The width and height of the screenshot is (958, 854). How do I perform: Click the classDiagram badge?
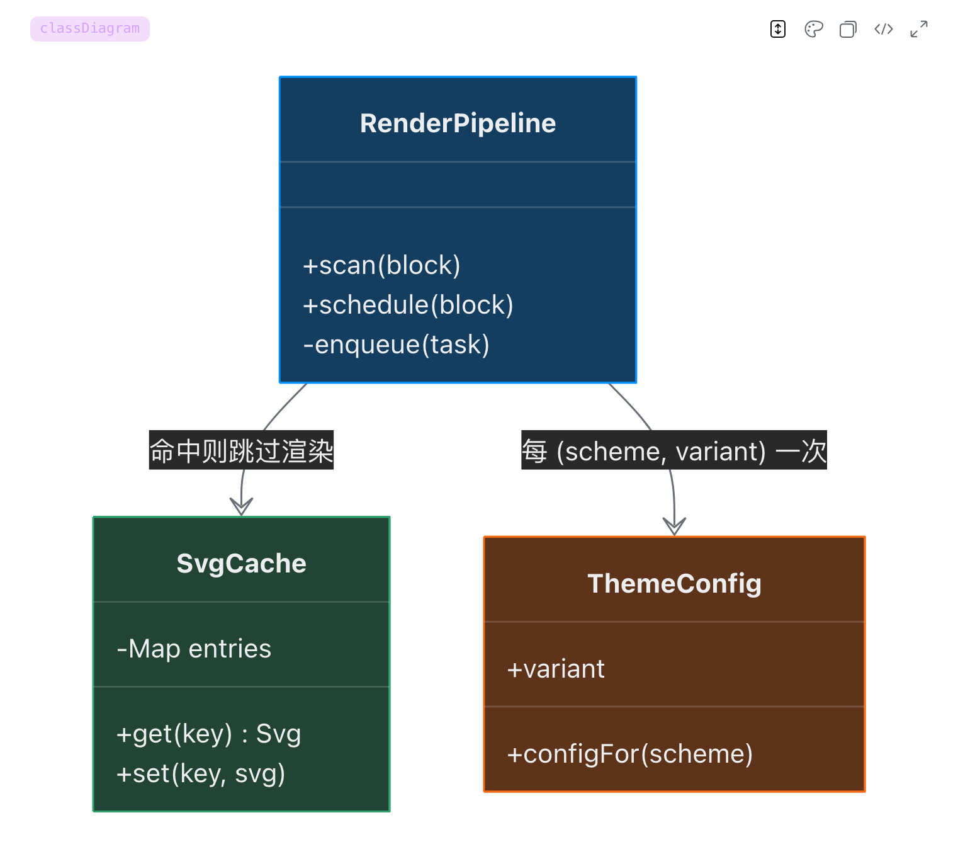click(90, 29)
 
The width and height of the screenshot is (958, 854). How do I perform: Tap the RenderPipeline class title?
click(458, 123)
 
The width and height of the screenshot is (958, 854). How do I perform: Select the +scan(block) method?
click(381, 265)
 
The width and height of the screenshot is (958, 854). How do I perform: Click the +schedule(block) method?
click(408, 305)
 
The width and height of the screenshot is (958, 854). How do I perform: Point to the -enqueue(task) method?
click(396, 344)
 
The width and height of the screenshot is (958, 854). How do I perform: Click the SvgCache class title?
click(241, 564)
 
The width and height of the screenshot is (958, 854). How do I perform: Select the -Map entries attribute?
click(194, 649)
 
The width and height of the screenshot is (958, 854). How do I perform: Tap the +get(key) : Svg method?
click(208, 734)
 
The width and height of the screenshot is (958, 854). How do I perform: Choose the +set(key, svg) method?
click(201, 774)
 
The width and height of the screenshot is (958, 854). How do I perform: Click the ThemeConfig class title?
click(674, 583)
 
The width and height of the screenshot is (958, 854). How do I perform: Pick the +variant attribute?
click(556, 669)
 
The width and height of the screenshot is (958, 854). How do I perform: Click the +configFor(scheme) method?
click(629, 754)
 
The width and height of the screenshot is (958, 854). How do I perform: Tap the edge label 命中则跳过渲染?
click(241, 450)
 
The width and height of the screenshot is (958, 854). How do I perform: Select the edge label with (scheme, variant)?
click(674, 450)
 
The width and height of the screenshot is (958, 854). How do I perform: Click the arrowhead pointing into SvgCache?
click(241, 507)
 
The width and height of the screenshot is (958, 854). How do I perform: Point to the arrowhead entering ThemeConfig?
click(674, 527)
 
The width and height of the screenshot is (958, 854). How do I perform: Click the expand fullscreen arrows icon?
click(919, 29)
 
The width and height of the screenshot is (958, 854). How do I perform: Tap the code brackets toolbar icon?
click(883, 29)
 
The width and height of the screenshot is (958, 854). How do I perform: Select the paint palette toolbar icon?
click(813, 29)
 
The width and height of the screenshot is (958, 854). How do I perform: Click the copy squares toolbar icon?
click(848, 29)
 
